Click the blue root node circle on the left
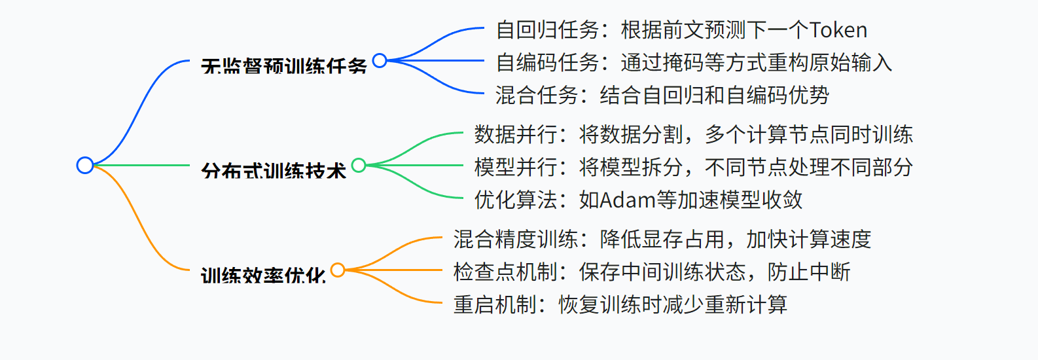pos(85,165)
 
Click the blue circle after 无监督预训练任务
pos(380,60)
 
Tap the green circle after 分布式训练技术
pos(359,165)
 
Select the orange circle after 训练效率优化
pos(338,270)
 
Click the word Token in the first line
pos(838,30)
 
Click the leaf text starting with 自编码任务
pos(694,63)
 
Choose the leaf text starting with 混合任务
pos(662,96)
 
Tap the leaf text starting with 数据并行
pos(693,135)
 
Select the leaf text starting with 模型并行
pos(693,168)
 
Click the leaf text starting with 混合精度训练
pos(662,240)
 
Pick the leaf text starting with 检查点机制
pos(651,272)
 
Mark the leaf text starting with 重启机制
pos(620,305)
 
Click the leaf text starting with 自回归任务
pos(681,30)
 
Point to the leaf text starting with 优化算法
pos(638,200)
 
